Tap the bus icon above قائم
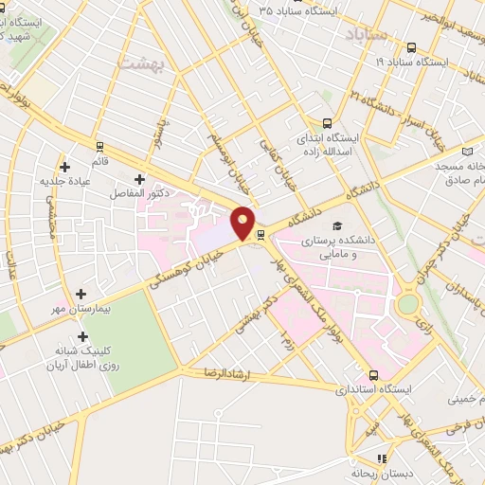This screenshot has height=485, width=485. pos(99,147)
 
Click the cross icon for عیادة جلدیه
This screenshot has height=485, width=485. pos(63,167)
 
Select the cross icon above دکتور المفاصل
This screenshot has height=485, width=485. pos(139,178)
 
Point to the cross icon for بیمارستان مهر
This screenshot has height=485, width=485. pos(81,295)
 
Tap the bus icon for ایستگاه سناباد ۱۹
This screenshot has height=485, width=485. pos(410,47)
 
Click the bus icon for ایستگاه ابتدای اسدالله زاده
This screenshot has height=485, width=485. pos(327,122)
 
